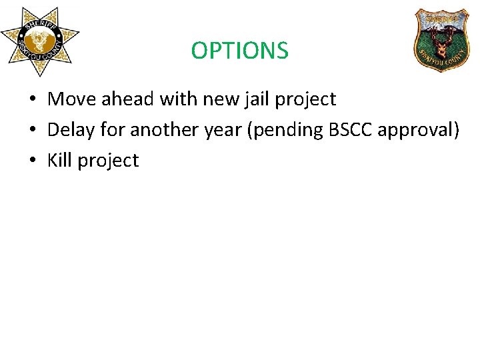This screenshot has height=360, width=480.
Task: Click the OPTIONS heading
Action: click(x=239, y=51)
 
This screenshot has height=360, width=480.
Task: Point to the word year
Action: click(x=225, y=131)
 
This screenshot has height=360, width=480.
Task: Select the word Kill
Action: click(x=59, y=161)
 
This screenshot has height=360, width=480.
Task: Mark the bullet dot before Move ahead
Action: click(x=31, y=100)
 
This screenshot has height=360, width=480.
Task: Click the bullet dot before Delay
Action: click(x=31, y=131)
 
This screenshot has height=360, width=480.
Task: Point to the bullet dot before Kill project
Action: click(x=31, y=161)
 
